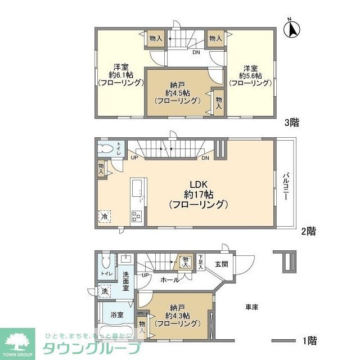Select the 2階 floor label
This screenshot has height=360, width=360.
coord(308,231)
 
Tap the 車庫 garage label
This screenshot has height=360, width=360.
coord(251,307)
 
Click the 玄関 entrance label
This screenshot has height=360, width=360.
coord(220,264)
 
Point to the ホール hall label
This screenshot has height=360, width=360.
coord(170,280)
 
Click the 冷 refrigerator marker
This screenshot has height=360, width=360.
coord(105,216)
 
